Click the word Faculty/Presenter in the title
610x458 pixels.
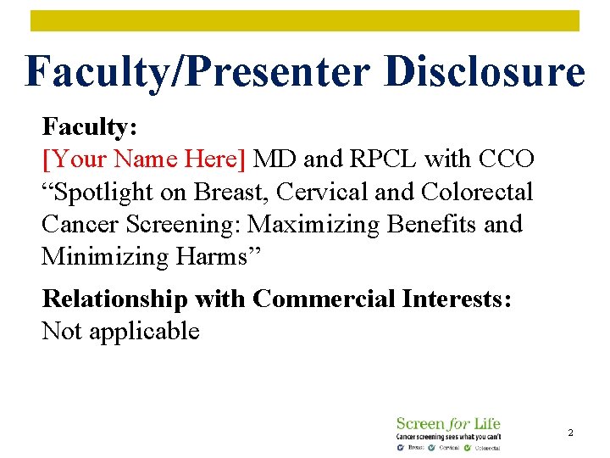(x=198, y=71)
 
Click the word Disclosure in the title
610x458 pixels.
(x=484, y=71)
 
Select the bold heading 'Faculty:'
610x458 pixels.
(x=90, y=127)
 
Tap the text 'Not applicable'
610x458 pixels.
(x=120, y=331)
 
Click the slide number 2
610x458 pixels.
(x=570, y=433)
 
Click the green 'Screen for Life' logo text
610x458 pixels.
(x=448, y=423)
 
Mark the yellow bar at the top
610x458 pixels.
(x=305, y=21)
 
